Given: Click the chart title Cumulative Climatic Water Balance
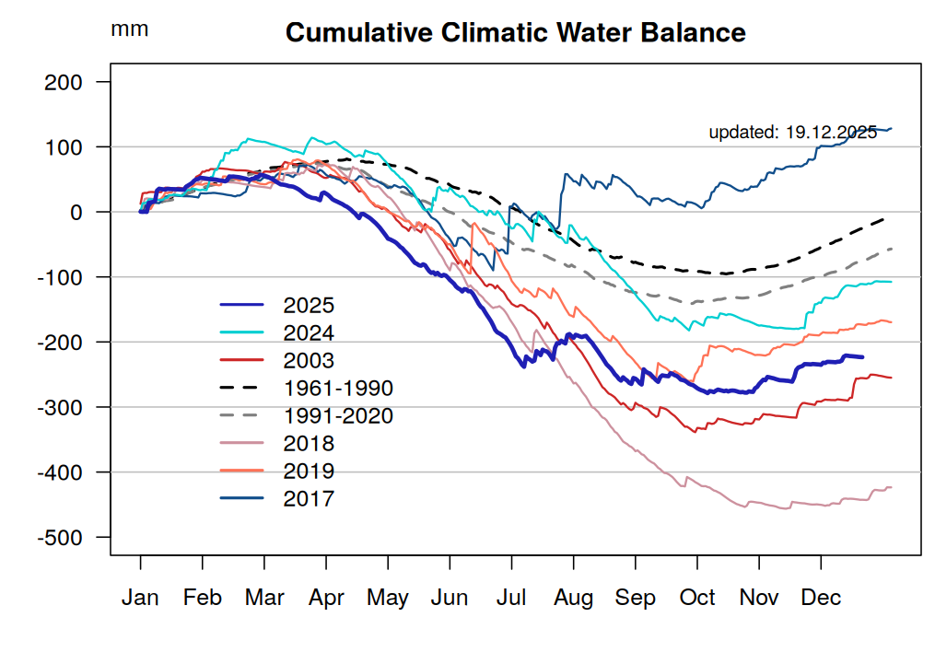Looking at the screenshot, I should pos(515,33).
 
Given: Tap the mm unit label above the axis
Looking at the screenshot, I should pos(129,29).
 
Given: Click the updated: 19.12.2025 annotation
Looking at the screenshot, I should pos(792,133).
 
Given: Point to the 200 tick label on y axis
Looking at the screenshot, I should pos(64,82).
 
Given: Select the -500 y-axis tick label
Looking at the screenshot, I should pos(61,537).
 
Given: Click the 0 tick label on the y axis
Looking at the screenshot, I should pos(77,212).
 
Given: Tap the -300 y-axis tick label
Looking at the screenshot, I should pos(61,407).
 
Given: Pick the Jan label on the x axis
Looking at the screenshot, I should pos(140,599).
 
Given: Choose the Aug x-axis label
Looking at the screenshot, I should pos(574,599).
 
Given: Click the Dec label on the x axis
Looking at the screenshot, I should pos(821,599).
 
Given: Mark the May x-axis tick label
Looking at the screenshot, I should pos(388,599).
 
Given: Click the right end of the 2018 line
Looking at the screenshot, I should pos(892,487).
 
